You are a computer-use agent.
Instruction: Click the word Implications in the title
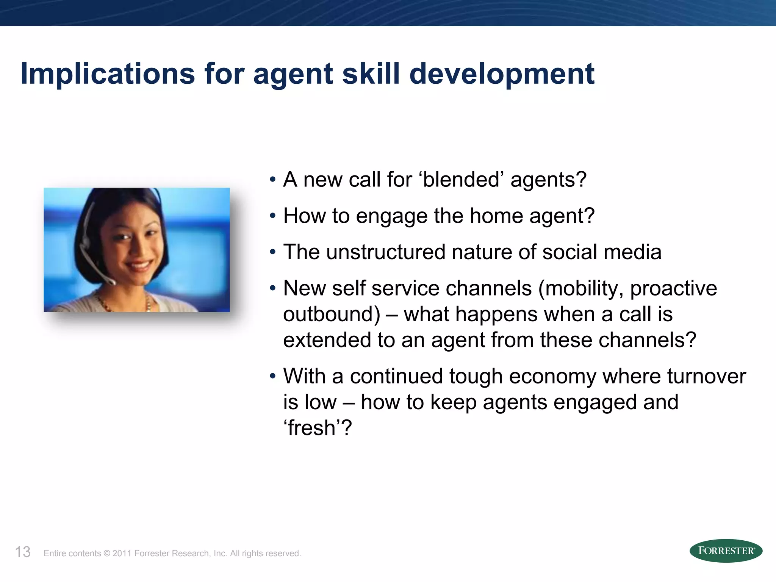(x=108, y=74)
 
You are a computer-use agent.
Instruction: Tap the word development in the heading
(x=502, y=74)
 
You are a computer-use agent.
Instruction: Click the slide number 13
(x=23, y=552)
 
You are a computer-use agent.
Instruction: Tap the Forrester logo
(x=726, y=551)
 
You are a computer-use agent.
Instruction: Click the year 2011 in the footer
(x=122, y=554)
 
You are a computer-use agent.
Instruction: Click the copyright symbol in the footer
(x=106, y=554)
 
